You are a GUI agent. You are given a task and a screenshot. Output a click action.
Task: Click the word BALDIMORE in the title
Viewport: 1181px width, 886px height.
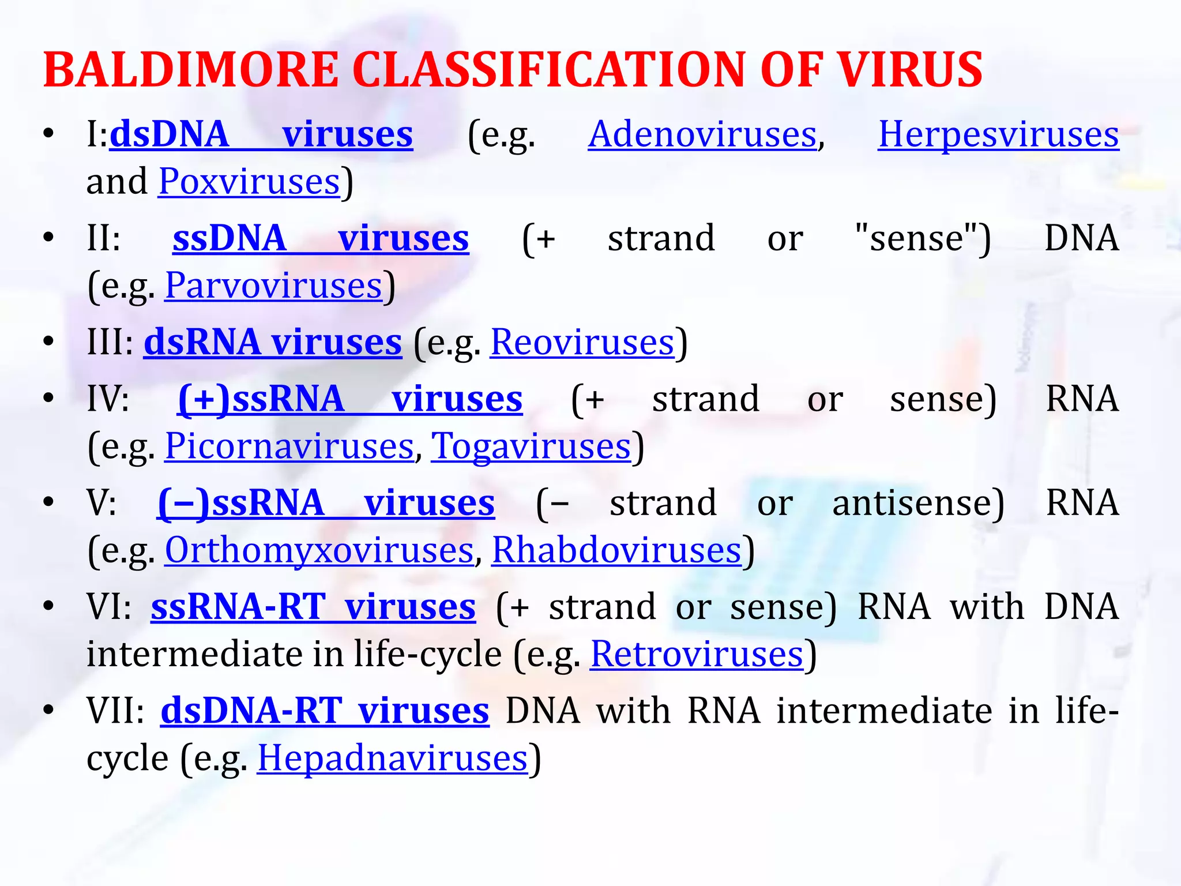(x=190, y=70)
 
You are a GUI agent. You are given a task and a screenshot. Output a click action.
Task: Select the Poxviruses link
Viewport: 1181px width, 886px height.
(x=249, y=182)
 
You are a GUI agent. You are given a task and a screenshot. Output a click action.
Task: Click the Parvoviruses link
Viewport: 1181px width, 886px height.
(x=273, y=286)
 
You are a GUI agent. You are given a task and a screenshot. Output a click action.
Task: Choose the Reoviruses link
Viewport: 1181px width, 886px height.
(x=582, y=342)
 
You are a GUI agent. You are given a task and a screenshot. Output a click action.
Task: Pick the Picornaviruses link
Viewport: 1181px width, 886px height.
(x=289, y=446)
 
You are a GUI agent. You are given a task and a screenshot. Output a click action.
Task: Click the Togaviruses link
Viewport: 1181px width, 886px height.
(x=531, y=446)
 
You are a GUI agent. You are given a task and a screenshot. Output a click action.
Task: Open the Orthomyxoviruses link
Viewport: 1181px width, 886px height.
(x=319, y=550)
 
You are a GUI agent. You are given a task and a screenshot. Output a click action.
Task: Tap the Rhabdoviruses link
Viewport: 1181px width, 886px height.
(x=616, y=550)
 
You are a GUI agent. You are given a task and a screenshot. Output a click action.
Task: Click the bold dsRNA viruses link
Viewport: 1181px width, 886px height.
(x=272, y=342)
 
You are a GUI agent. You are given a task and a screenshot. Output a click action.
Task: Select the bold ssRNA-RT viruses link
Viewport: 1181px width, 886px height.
(x=313, y=607)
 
